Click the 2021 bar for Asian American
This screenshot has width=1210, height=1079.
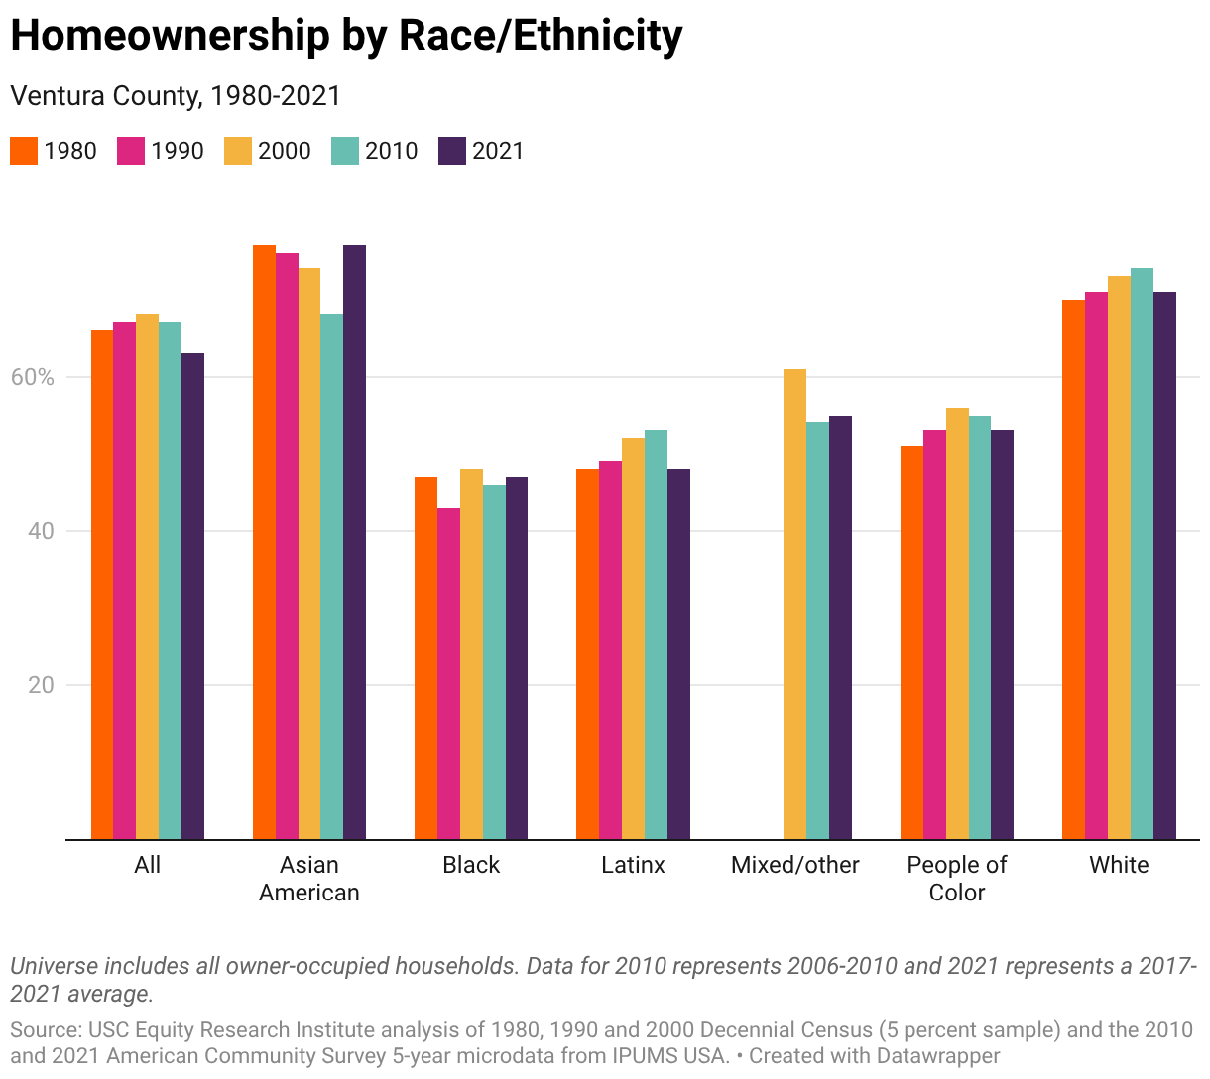[x=354, y=541]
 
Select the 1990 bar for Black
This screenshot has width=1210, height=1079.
[x=448, y=673]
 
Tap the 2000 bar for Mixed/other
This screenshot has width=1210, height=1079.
[x=794, y=604]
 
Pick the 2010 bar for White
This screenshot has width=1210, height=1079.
[x=1142, y=553]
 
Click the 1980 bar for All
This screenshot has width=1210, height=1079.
[x=102, y=584]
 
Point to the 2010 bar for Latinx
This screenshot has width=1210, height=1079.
[x=656, y=634]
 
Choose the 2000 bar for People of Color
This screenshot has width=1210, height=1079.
[x=957, y=623]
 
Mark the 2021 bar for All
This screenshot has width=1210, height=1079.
[x=193, y=596]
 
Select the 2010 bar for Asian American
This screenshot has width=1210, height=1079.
[x=331, y=576]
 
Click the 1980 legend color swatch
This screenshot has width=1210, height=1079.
[x=24, y=151]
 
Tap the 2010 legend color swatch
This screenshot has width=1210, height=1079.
[x=344, y=151]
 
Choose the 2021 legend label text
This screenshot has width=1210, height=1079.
[x=498, y=151]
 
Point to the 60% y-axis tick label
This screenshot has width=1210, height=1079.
[x=33, y=377]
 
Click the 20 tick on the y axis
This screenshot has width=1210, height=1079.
[x=41, y=685]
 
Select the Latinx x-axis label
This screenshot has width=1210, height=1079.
[x=633, y=865]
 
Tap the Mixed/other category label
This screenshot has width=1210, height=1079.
[x=794, y=865]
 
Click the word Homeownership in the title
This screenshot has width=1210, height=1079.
[x=171, y=36]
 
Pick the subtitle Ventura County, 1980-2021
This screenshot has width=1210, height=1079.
[x=176, y=95]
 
